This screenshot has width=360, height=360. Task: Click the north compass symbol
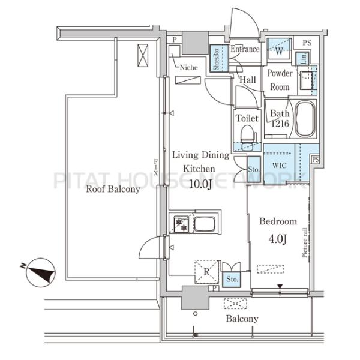40,272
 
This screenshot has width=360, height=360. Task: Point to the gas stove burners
181,224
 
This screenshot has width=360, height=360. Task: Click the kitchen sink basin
205,224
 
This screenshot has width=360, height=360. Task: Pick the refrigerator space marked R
206,272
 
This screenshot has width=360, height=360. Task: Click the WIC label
279,166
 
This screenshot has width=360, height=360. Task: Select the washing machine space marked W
279,50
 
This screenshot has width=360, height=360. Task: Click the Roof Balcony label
113,189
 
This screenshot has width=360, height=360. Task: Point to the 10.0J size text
200,184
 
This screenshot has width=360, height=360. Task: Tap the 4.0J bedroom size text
278,239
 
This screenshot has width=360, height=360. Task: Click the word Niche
189,67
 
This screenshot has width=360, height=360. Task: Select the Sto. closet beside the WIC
254,169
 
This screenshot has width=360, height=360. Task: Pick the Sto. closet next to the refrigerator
232,279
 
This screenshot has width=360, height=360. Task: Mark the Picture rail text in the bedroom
305,242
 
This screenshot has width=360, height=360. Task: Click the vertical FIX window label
156,167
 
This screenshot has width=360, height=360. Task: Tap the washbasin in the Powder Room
306,80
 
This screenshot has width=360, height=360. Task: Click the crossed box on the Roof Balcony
143,56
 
